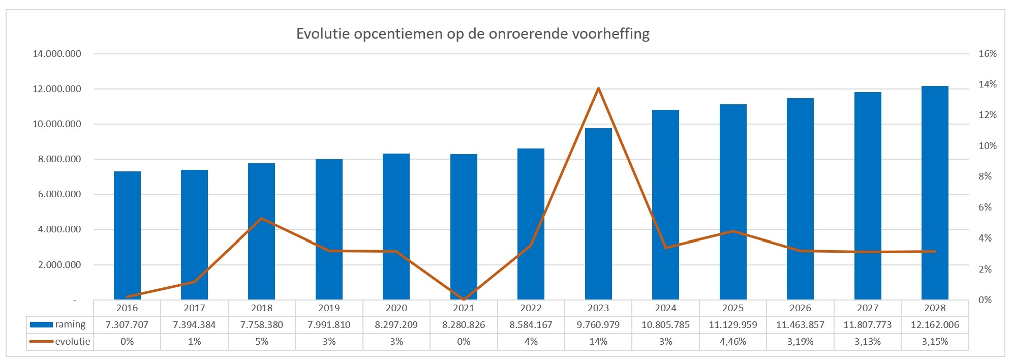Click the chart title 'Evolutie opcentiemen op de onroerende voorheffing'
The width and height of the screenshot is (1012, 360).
tap(473, 34)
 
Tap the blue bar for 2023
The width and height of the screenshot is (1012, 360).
tap(598, 214)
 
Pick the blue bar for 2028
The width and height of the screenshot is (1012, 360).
tap(935, 193)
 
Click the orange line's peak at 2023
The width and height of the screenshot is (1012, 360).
tap(598, 88)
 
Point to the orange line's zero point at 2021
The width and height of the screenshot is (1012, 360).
tap(464, 299)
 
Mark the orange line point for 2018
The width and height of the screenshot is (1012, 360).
tap(262, 219)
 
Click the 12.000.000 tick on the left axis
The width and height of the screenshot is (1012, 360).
tap(57, 89)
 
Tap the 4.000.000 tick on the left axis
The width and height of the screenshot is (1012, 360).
tap(57, 229)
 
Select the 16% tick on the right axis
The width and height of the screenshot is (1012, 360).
tap(987, 54)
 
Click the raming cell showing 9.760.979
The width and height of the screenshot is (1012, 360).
tap(598, 324)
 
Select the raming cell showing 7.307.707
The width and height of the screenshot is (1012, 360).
tap(127, 324)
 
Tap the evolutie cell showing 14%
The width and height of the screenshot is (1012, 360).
tap(598, 341)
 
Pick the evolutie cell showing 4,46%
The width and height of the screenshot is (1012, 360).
tap(733, 341)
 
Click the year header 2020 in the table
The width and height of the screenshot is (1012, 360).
tap(396, 308)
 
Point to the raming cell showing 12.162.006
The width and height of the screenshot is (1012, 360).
tap(935, 324)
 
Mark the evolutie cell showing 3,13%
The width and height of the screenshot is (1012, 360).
tap(868, 341)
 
